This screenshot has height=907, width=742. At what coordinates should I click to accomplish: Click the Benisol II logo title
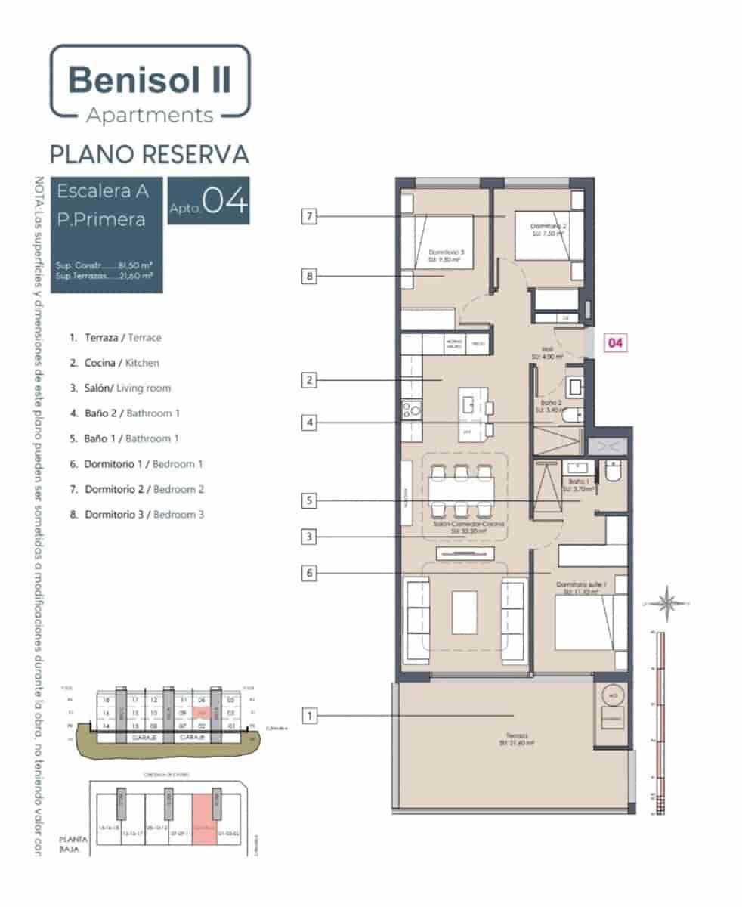(150, 79)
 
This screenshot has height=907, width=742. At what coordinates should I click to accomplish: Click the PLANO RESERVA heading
(150, 154)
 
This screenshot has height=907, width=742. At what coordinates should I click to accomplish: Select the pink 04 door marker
(615, 343)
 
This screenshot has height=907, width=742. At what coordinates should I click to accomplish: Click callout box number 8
(308, 277)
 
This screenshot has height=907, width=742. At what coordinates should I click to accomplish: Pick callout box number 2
(308, 380)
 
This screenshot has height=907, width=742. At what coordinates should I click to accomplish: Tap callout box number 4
(308, 424)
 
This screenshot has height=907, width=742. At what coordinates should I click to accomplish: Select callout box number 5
(308, 500)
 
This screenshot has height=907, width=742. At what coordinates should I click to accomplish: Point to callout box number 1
(308, 714)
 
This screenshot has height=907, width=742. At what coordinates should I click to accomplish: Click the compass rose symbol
(667, 602)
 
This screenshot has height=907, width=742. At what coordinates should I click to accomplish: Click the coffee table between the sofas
(464, 611)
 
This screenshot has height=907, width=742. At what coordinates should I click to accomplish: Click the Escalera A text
(102, 191)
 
